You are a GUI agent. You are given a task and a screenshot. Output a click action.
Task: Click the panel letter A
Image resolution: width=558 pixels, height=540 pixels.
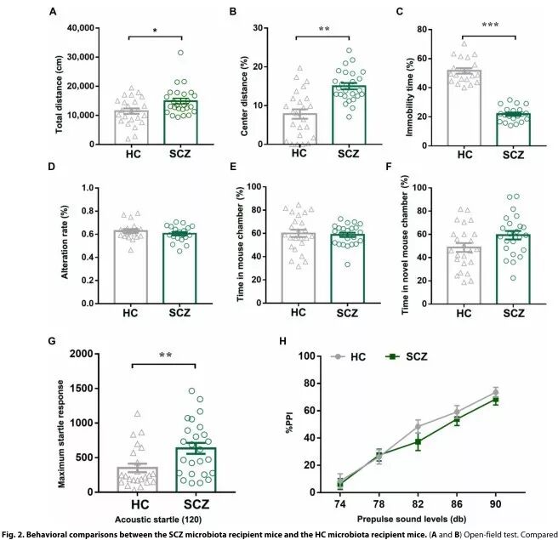53,12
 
